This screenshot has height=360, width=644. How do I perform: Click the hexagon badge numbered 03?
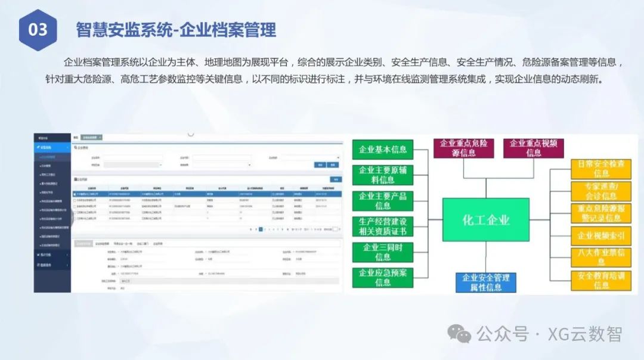[x=38, y=29]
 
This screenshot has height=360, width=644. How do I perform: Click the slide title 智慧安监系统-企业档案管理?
[x=176, y=29]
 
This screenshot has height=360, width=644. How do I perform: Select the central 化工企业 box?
[x=486, y=219]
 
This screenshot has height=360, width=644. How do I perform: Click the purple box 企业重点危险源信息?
[x=463, y=148]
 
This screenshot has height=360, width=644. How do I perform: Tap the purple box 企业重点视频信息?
[x=534, y=148]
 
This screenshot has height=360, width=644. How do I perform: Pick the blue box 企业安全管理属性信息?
[x=485, y=282]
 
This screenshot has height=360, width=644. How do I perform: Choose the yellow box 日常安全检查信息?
[x=601, y=168]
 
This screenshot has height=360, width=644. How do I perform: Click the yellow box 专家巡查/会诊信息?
[x=601, y=191]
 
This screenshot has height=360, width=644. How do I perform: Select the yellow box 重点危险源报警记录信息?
[x=601, y=213]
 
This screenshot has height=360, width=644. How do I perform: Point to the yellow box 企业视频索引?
[x=601, y=236]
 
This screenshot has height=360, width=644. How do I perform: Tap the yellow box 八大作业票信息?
[x=601, y=257]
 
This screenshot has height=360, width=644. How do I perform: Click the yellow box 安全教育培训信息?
[x=601, y=280]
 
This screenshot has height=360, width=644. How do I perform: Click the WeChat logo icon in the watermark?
[x=460, y=334]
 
